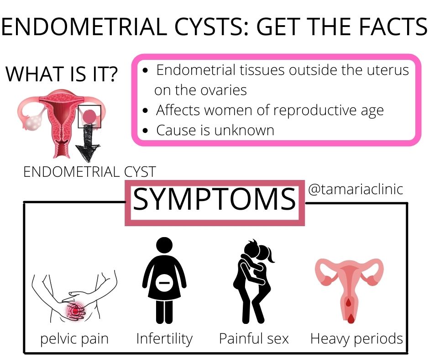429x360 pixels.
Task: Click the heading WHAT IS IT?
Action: point(62,74)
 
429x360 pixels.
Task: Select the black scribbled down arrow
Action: point(88,143)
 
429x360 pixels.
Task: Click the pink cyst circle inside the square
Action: point(89,116)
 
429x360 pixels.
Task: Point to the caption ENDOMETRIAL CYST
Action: point(90,172)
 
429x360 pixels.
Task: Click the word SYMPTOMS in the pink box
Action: point(214,199)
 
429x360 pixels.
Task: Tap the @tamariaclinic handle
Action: point(356,189)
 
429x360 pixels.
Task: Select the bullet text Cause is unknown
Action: point(215,130)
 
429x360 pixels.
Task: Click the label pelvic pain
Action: point(74,339)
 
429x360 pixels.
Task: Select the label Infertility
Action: point(164,339)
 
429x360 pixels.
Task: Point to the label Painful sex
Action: point(254,339)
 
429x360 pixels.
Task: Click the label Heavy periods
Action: point(356,339)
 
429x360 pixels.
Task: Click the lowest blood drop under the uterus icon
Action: point(351,318)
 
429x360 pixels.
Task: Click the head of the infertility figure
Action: point(164,245)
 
